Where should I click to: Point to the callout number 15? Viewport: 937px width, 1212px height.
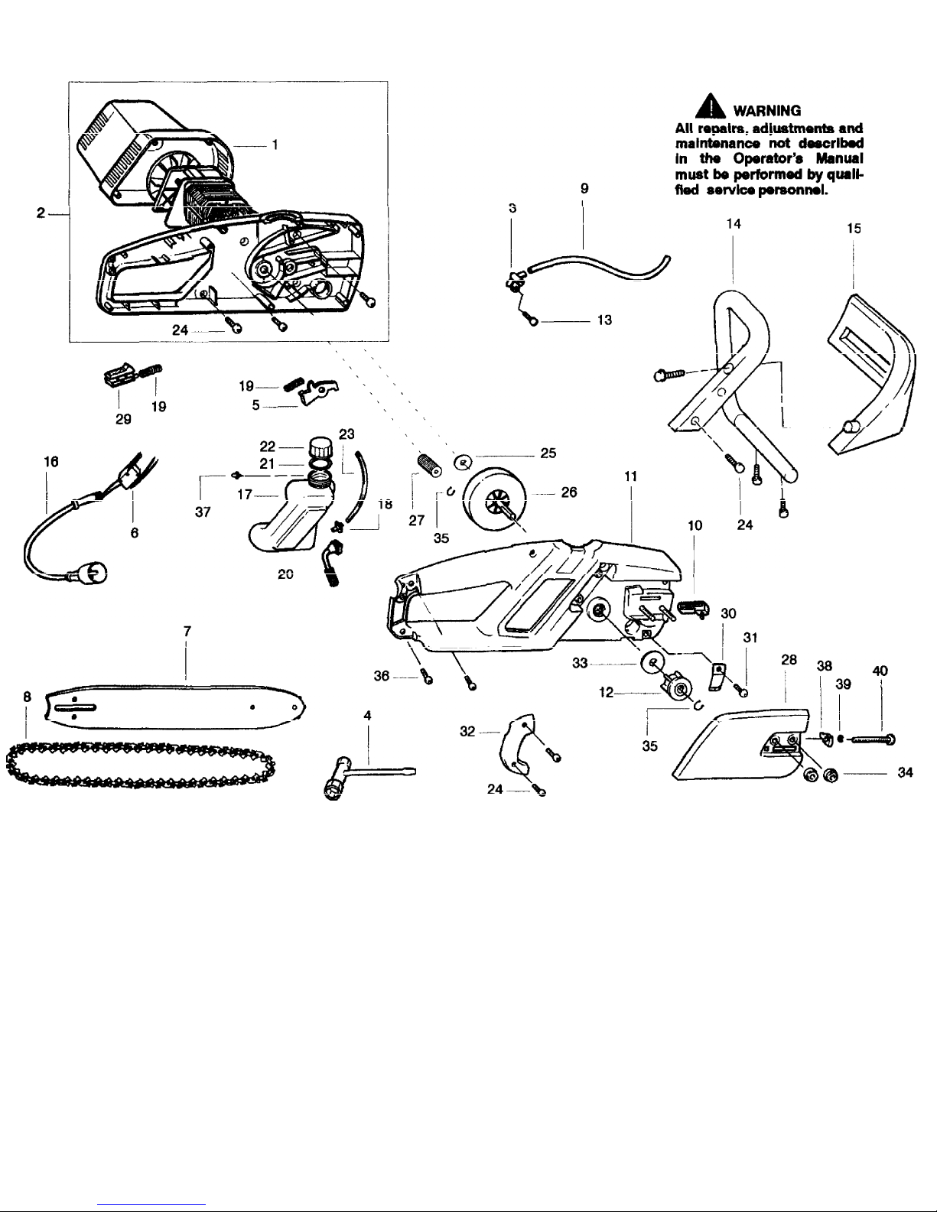pyautogui.click(x=854, y=227)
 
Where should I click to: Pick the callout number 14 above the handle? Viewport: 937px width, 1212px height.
pyautogui.click(x=734, y=223)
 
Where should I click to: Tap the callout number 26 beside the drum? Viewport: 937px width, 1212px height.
pyautogui.click(x=569, y=492)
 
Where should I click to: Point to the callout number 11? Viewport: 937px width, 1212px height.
pyautogui.click(x=632, y=476)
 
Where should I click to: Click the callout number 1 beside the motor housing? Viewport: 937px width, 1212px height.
pyautogui.click(x=275, y=145)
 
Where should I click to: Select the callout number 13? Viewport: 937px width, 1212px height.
pyautogui.click(x=604, y=320)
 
